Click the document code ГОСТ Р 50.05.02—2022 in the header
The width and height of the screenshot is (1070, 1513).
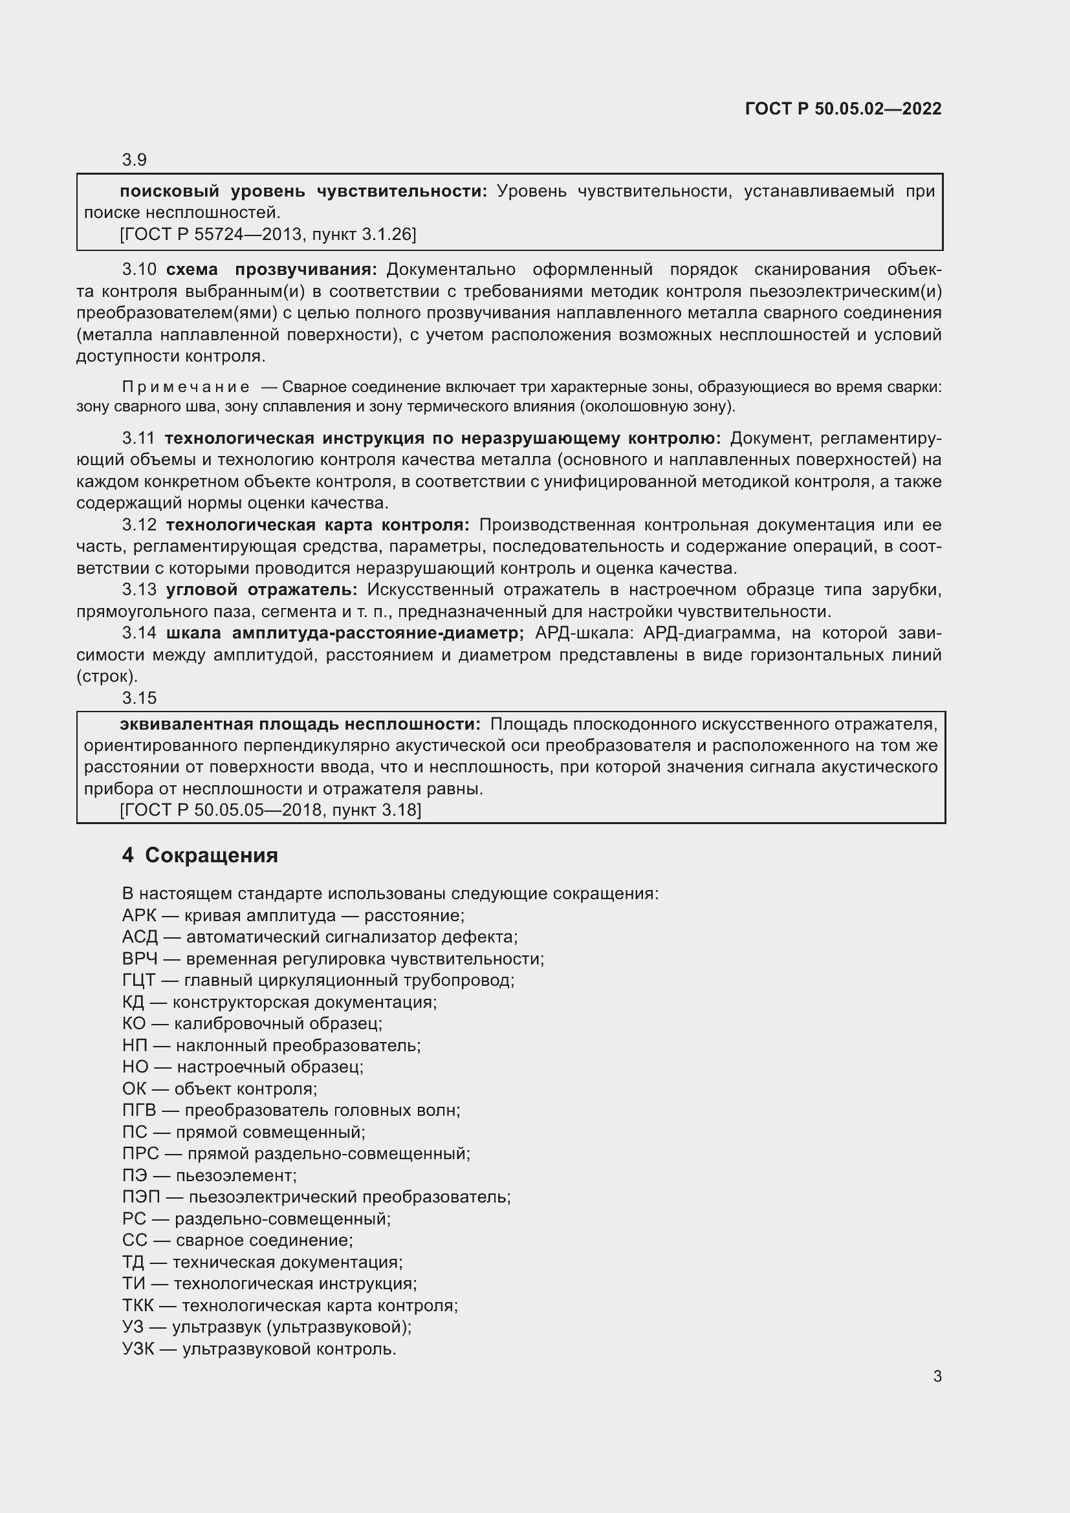tap(843, 109)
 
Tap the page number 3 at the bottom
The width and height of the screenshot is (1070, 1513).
tap(937, 1377)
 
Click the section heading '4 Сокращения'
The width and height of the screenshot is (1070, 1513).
tap(200, 855)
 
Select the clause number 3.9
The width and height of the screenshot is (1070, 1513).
tap(135, 160)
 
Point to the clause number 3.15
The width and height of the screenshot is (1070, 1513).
tap(139, 698)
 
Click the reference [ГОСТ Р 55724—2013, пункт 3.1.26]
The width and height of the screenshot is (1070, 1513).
tap(268, 234)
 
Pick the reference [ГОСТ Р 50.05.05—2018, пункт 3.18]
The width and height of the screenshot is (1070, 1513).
tap(270, 810)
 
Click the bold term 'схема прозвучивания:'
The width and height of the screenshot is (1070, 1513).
tap(271, 270)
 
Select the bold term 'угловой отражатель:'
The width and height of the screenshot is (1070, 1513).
tap(261, 590)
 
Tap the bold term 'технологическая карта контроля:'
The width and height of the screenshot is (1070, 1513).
tap(318, 525)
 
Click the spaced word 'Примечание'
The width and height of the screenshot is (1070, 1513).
tap(186, 387)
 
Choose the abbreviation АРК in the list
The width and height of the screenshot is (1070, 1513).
tap(139, 915)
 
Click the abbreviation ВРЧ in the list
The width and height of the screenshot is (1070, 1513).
tap(140, 959)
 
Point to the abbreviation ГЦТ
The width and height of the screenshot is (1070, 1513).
tap(139, 981)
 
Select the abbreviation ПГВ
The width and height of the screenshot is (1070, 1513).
tap(139, 1111)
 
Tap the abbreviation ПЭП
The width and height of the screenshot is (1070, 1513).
tap(141, 1197)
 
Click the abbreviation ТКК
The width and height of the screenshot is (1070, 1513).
tap(138, 1305)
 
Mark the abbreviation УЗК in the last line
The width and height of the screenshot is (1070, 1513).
tap(138, 1349)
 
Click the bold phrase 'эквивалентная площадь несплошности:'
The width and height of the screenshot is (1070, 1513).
tap(300, 724)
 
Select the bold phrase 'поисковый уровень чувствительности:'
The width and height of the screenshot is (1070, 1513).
tap(303, 191)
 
